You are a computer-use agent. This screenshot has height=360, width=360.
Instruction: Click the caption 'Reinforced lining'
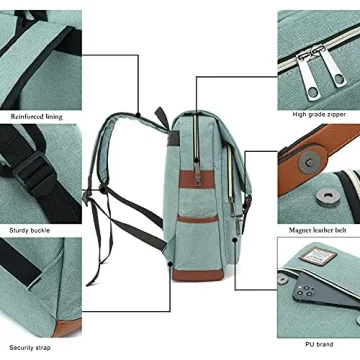[37, 117]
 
